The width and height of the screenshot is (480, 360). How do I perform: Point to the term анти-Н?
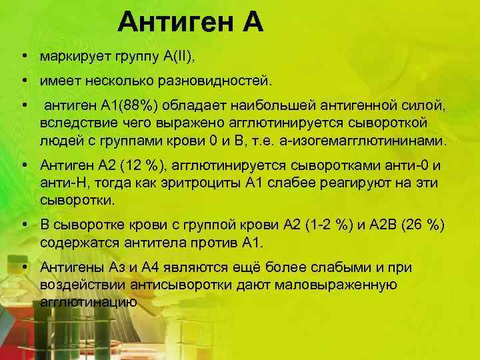click(x=61, y=183)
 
